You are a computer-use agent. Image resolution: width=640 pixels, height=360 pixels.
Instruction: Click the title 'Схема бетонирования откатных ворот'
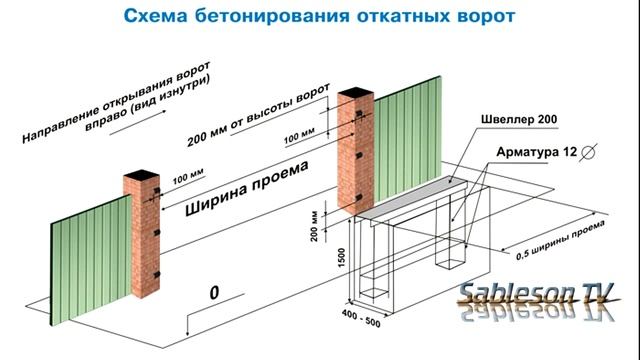tap(320, 17)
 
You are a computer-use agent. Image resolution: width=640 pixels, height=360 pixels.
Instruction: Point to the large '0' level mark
tap(213, 294)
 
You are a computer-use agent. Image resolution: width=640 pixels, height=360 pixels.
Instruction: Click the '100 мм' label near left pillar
tap(186, 178)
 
